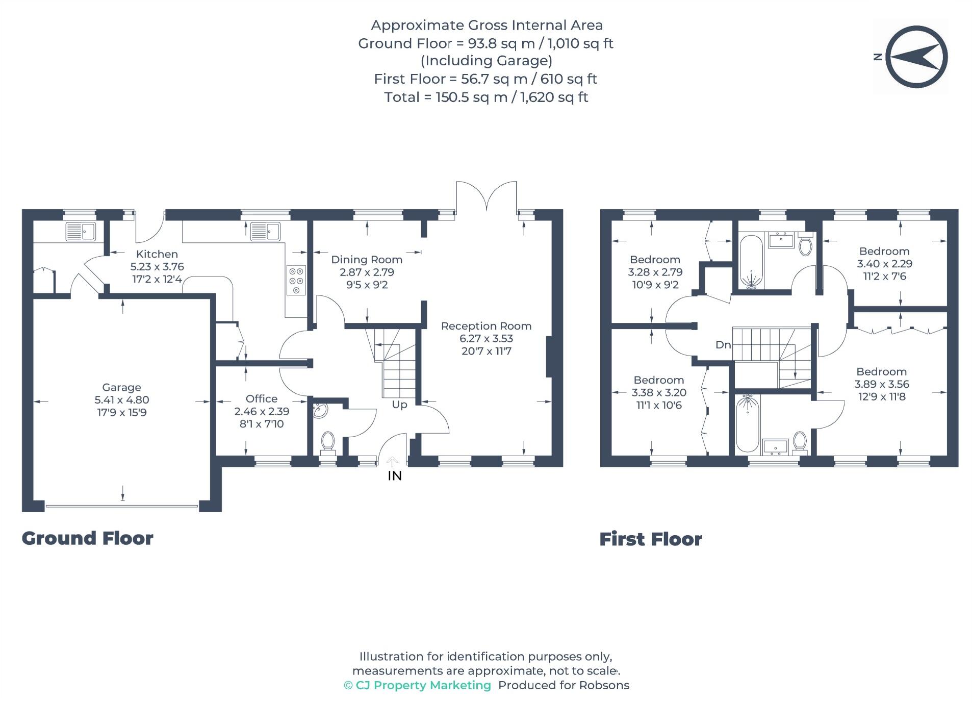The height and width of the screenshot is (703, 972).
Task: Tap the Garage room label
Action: (121, 387)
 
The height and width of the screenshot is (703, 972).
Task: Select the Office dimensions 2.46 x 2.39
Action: (262, 411)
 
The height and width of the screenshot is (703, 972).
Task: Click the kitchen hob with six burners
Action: (295, 280)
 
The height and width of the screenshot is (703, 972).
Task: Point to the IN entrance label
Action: (395, 476)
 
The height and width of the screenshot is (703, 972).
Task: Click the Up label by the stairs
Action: (399, 405)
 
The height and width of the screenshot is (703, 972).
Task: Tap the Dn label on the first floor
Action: (723, 345)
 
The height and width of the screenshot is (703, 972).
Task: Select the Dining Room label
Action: (366, 260)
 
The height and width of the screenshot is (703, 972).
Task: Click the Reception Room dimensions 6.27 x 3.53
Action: (486, 338)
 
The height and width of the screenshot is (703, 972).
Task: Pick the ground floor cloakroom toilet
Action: (327, 441)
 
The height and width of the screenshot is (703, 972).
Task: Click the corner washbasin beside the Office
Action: (320, 411)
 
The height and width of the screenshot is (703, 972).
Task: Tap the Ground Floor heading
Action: (87, 538)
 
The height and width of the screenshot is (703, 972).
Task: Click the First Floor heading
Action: (650, 539)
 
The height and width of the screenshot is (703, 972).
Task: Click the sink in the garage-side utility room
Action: (81, 232)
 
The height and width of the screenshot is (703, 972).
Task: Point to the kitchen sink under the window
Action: (265, 232)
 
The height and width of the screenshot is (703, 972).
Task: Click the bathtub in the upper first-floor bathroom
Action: (751, 261)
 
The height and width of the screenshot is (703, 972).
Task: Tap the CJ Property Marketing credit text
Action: (423, 685)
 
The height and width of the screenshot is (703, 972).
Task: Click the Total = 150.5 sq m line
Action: (486, 97)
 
